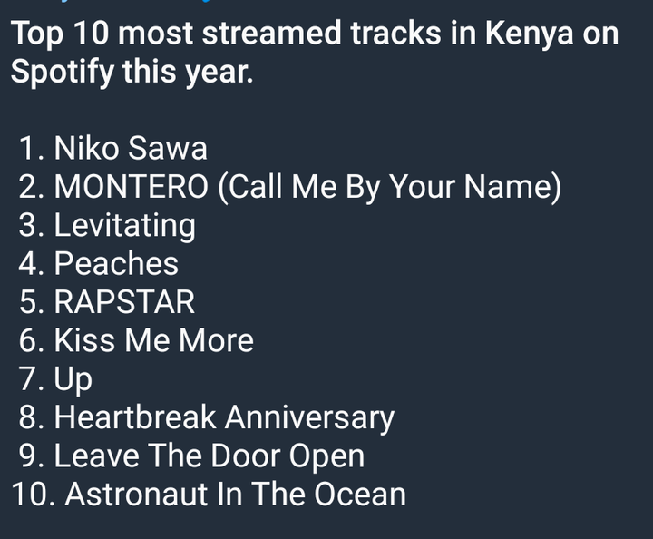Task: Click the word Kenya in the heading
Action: click(x=530, y=34)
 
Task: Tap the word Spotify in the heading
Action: click(x=63, y=72)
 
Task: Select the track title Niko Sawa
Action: click(x=131, y=148)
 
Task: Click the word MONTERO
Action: click(x=131, y=186)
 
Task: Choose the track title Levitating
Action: click(x=124, y=226)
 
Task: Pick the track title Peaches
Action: click(x=116, y=263)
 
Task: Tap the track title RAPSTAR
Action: click(x=124, y=301)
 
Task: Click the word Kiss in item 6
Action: click(x=84, y=340)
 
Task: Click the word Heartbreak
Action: click(x=135, y=417)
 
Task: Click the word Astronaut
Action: click(x=136, y=494)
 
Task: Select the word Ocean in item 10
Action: click(x=360, y=494)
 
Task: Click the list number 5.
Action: click(x=32, y=301)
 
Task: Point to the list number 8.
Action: click(x=32, y=417)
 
